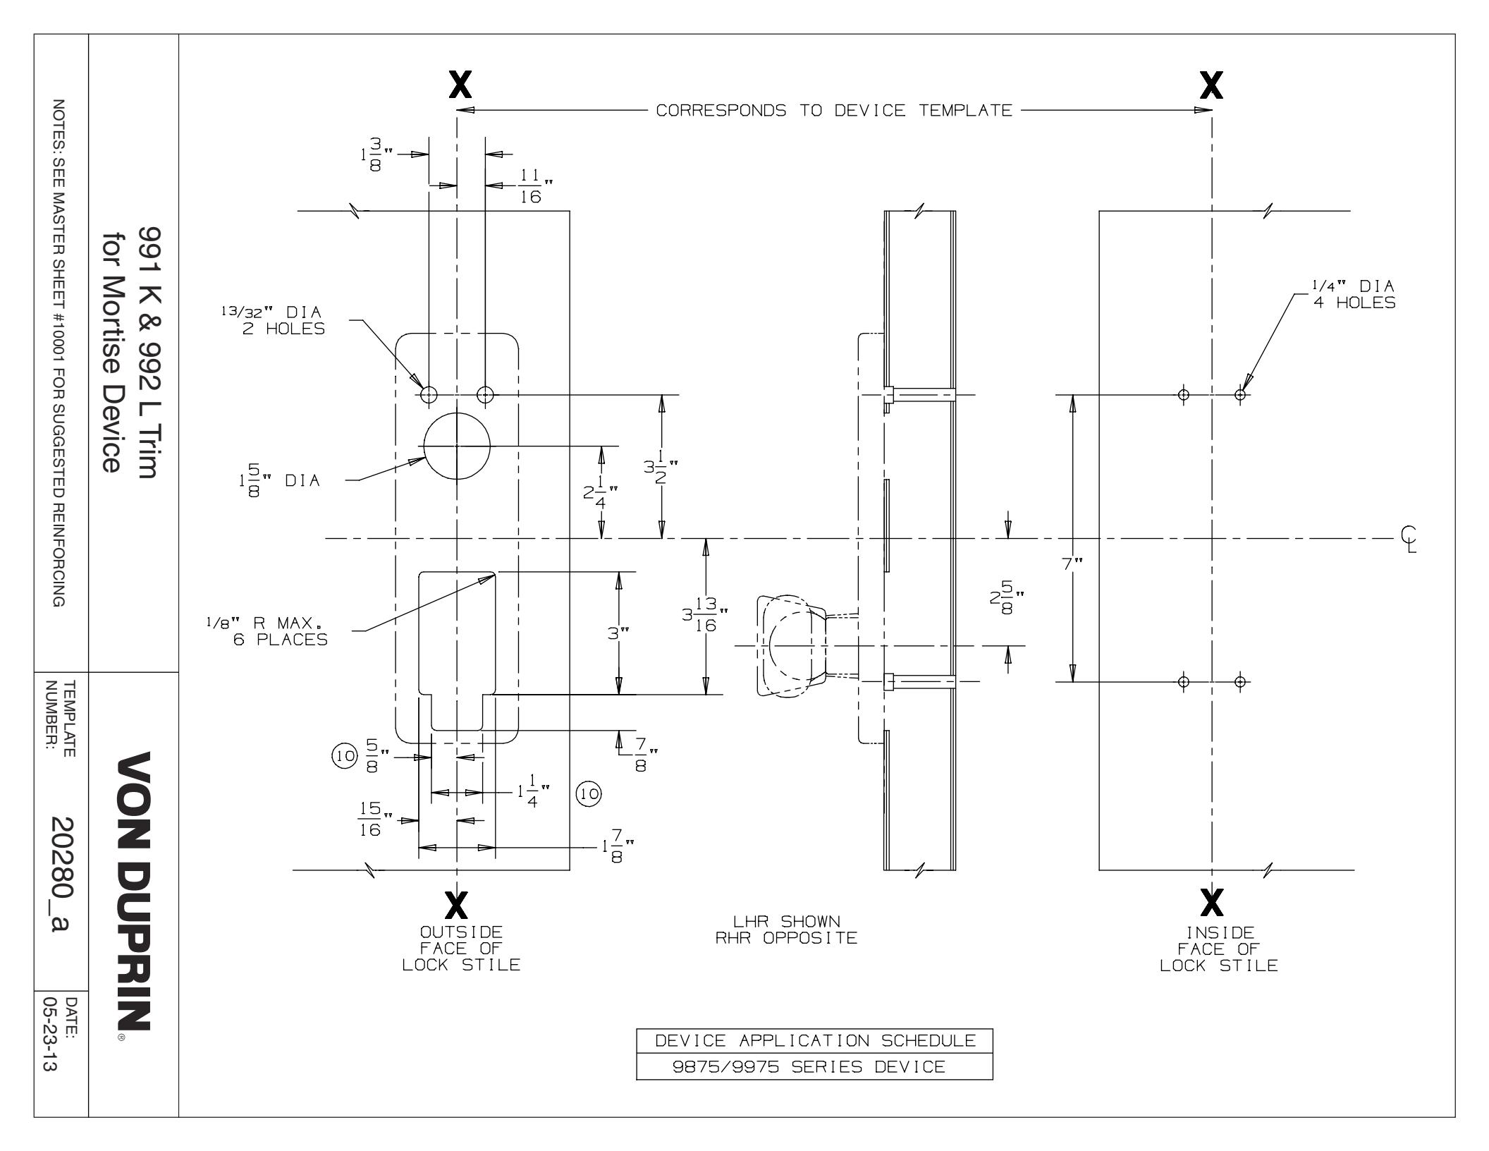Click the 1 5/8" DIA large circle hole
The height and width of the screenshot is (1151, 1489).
tap(457, 446)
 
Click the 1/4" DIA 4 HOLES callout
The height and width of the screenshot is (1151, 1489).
tap(1353, 294)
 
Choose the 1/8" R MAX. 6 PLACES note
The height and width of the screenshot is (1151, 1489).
tap(267, 632)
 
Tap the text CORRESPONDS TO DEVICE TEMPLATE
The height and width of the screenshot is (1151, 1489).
tap(834, 111)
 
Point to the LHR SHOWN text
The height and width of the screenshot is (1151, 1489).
tap(786, 921)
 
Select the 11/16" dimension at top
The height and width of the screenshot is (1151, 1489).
tap(531, 186)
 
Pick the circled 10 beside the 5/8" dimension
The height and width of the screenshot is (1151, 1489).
tap(345, 756)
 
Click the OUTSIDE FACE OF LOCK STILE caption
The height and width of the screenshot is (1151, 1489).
tap(461, 948)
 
